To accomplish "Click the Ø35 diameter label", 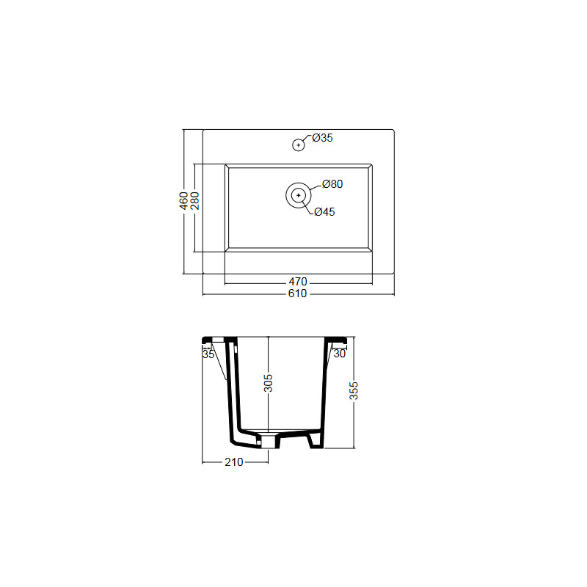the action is coord(322,138).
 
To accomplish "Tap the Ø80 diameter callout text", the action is coord(332,184).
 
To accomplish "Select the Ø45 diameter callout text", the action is coord(324,212).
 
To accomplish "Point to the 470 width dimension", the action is coord(298,282).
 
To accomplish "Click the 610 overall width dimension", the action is coord(298,293).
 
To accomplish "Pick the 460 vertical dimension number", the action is coord(183,200).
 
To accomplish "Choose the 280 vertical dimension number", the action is coord(194,200).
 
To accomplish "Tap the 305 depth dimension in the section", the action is coord(268,383).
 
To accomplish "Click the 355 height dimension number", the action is coord(354,391).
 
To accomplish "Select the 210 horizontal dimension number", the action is coord(234,462).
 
